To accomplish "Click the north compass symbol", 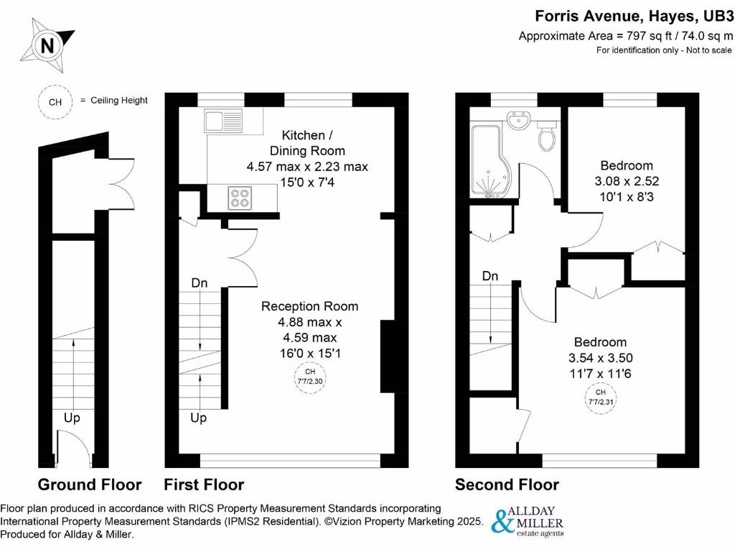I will click(x=47, y=46).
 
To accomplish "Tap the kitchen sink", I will click(x=225, y=120).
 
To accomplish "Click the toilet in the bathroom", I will click(x=547, y=136).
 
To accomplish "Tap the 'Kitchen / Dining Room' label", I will click(x=307, y=143).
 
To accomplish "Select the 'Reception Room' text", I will click(x=309, y=306).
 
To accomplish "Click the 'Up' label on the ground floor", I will click(x=72, y=418).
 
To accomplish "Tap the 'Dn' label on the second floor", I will click(x=490, y=276).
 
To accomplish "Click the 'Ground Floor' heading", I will click(x=90, y=484).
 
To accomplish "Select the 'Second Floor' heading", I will click(x=507, y=484).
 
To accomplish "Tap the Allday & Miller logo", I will click(x=526, y=520).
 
